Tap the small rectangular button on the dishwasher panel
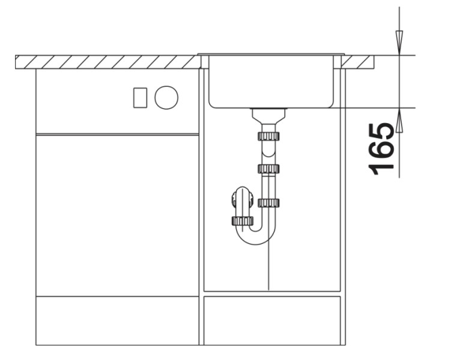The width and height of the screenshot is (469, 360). click(141, 97)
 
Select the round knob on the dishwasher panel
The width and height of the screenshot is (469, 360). click(166, 97)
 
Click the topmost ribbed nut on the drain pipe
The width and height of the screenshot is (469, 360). click(268, 136)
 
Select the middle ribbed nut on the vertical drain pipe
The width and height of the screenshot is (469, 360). click(268, 169)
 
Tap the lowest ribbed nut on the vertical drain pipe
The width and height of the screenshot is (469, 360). click(268, 203)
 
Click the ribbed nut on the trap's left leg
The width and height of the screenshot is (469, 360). click(242, 221)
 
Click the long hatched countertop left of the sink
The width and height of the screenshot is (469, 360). click(108, 61)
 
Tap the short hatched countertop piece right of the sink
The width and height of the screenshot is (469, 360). click(359, 61)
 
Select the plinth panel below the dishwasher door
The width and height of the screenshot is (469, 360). click(117, 320)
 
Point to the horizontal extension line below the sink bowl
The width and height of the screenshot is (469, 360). click(378, 108)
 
